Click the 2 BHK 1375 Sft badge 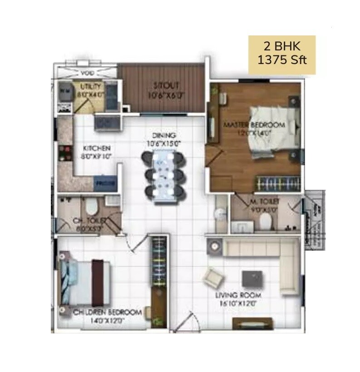(x=281, y=55)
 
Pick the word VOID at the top (x=86, y=73)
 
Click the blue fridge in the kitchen (x=105, y=183)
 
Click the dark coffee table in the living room (x=252, y=278)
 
